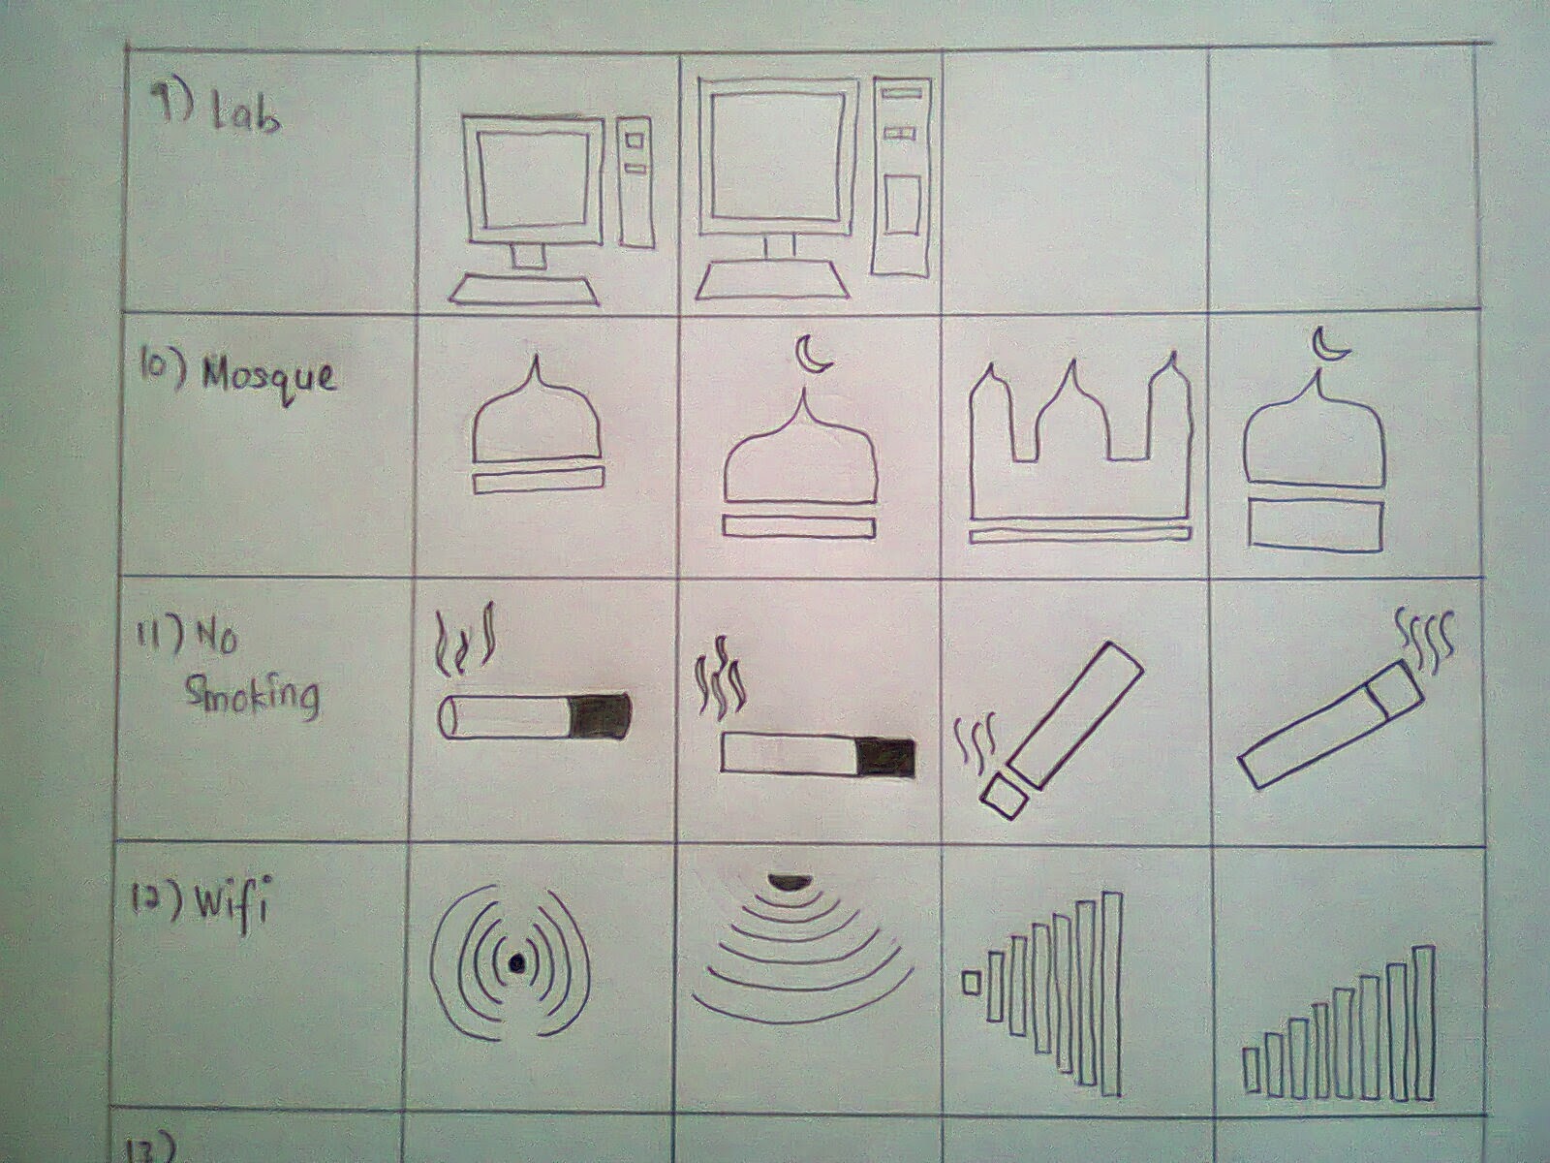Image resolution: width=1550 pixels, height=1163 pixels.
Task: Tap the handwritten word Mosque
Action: pyautogui.click(x=268, y=378)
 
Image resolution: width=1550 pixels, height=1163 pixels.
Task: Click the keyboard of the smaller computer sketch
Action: pyautogui.click(x=524, y=290)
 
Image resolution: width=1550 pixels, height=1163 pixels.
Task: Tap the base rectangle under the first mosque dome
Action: pyautogui.click(x=538, y=481)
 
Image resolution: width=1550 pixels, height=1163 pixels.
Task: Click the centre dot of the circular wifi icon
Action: pyautogui.click(x=517, y=961)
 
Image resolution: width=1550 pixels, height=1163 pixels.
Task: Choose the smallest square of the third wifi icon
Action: pyautogui.click(x=972, y=984)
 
